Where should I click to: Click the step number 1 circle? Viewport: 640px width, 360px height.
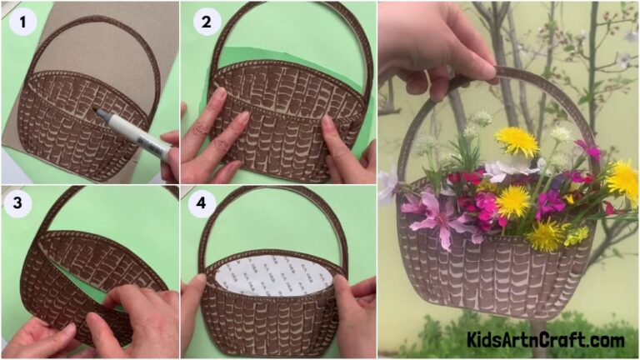[22, 22]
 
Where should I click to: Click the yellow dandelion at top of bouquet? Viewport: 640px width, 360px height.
[517, 141]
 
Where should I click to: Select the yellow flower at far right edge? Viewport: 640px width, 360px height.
[622, 178]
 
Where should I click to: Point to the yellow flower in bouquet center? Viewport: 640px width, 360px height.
[513, 201]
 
